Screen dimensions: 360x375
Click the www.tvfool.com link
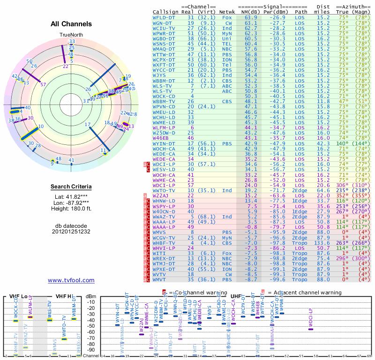click(x=71, y=280)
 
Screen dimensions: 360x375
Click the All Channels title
click(x=71, y=24)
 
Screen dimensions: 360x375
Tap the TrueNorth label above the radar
click(x=71, y=35)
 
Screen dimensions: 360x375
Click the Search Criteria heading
click(x=71, y=187)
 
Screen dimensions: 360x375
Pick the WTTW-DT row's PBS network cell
click(x=227, y=54)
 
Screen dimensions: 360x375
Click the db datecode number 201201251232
click(x=71, y=232)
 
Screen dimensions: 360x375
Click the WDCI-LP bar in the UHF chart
click(x=311, y=329)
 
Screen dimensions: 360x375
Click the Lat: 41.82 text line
click(x=71, y=197)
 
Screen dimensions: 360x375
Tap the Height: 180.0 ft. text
click(x=71, y=208)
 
